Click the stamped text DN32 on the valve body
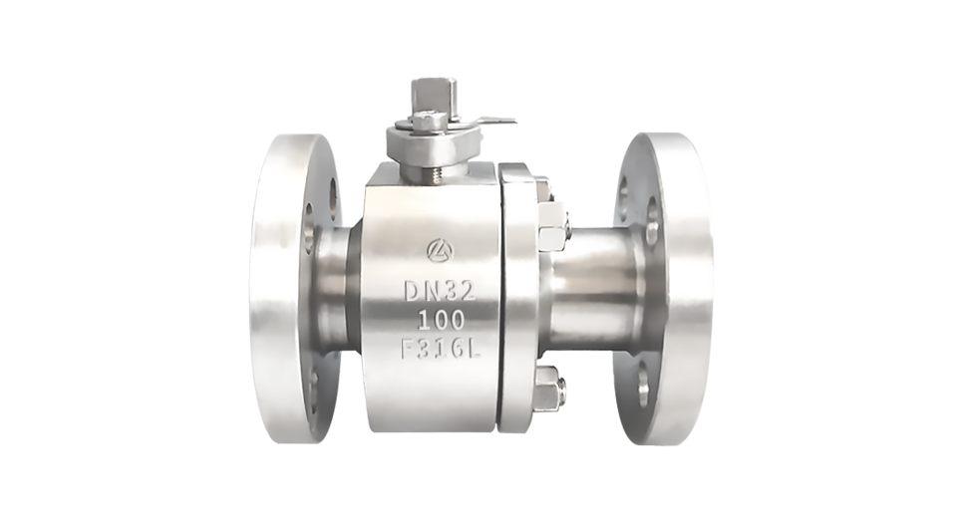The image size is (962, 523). (x=440, y=291)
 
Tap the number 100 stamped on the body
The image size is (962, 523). (x=441, y=321)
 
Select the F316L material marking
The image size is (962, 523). (x=440, y=350)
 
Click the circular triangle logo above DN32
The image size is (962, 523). (x=441, y=249)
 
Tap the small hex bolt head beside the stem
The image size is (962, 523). (x=425, y=121)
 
